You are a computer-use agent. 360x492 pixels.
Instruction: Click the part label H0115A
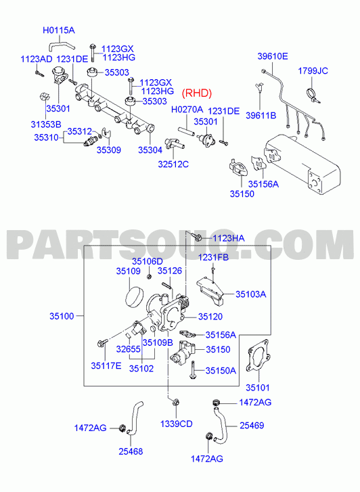[59, 30]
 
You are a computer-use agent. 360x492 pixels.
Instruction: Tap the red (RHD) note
[197, 93]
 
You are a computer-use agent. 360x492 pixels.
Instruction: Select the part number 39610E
[273, 56]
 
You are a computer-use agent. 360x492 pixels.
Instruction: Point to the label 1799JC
[313, 71]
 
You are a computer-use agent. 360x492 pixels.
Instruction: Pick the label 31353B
[46, 125]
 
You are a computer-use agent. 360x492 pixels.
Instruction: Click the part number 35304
[150, 150]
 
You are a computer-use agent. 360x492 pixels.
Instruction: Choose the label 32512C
[173, 164]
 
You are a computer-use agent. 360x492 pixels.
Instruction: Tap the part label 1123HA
[229, 238]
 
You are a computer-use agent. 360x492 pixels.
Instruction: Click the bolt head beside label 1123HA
[198, 238]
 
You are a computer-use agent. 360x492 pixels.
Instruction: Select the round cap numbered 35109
[134, 297]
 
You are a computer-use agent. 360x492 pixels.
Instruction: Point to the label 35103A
[251, 294]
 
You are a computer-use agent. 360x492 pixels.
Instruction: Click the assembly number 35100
[62, 316]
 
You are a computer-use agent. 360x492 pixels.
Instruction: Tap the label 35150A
[221, 371]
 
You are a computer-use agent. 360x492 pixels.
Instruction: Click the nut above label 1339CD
[176, 402]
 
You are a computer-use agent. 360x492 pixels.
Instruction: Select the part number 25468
[131, 451]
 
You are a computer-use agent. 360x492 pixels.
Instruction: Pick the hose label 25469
[252, 426]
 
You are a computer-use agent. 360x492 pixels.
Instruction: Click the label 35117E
[106, 365]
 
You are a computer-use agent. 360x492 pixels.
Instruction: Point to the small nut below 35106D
[150, 276]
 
